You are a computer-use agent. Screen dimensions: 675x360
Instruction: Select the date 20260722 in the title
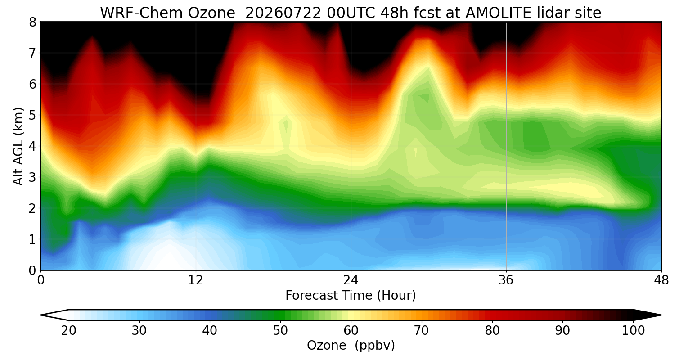click(x=283, y=13)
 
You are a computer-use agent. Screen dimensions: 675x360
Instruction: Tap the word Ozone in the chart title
click(x=211, y=13)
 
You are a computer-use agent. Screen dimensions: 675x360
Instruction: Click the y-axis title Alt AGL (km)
click(x=18, y=146)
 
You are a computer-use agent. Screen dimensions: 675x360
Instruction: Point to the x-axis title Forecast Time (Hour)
click(x=351, y=295)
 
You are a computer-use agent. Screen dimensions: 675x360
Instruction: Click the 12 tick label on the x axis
click(x=196, y=280)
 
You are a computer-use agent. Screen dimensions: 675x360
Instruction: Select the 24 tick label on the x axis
click(x=351, y=280)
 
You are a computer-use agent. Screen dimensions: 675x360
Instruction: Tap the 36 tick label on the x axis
click(x=506, y=280)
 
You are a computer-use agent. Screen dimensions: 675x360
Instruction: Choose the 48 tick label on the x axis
click(x=661, y=280)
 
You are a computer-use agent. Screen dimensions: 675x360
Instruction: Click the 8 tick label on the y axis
click(x=32, y=22)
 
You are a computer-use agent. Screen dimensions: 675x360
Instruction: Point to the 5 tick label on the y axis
click(x=32, y=115)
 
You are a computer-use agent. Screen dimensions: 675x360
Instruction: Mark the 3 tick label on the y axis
click(x=32, y=177)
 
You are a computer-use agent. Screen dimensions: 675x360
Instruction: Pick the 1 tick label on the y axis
click(x=32, y=239)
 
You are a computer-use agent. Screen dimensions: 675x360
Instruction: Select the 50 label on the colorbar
click(x=280, y=331)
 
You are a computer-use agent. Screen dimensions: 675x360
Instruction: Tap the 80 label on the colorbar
click(x=492, y=331)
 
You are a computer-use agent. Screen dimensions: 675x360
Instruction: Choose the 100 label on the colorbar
click(x=633, y=331)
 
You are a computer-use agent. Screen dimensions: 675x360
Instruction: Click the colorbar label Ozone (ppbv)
click(x=351, y=346)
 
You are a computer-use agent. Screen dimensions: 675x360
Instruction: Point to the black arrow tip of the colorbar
click(x=661, y=315)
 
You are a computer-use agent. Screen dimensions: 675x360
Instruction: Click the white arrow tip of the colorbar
click(x=41, y=315)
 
